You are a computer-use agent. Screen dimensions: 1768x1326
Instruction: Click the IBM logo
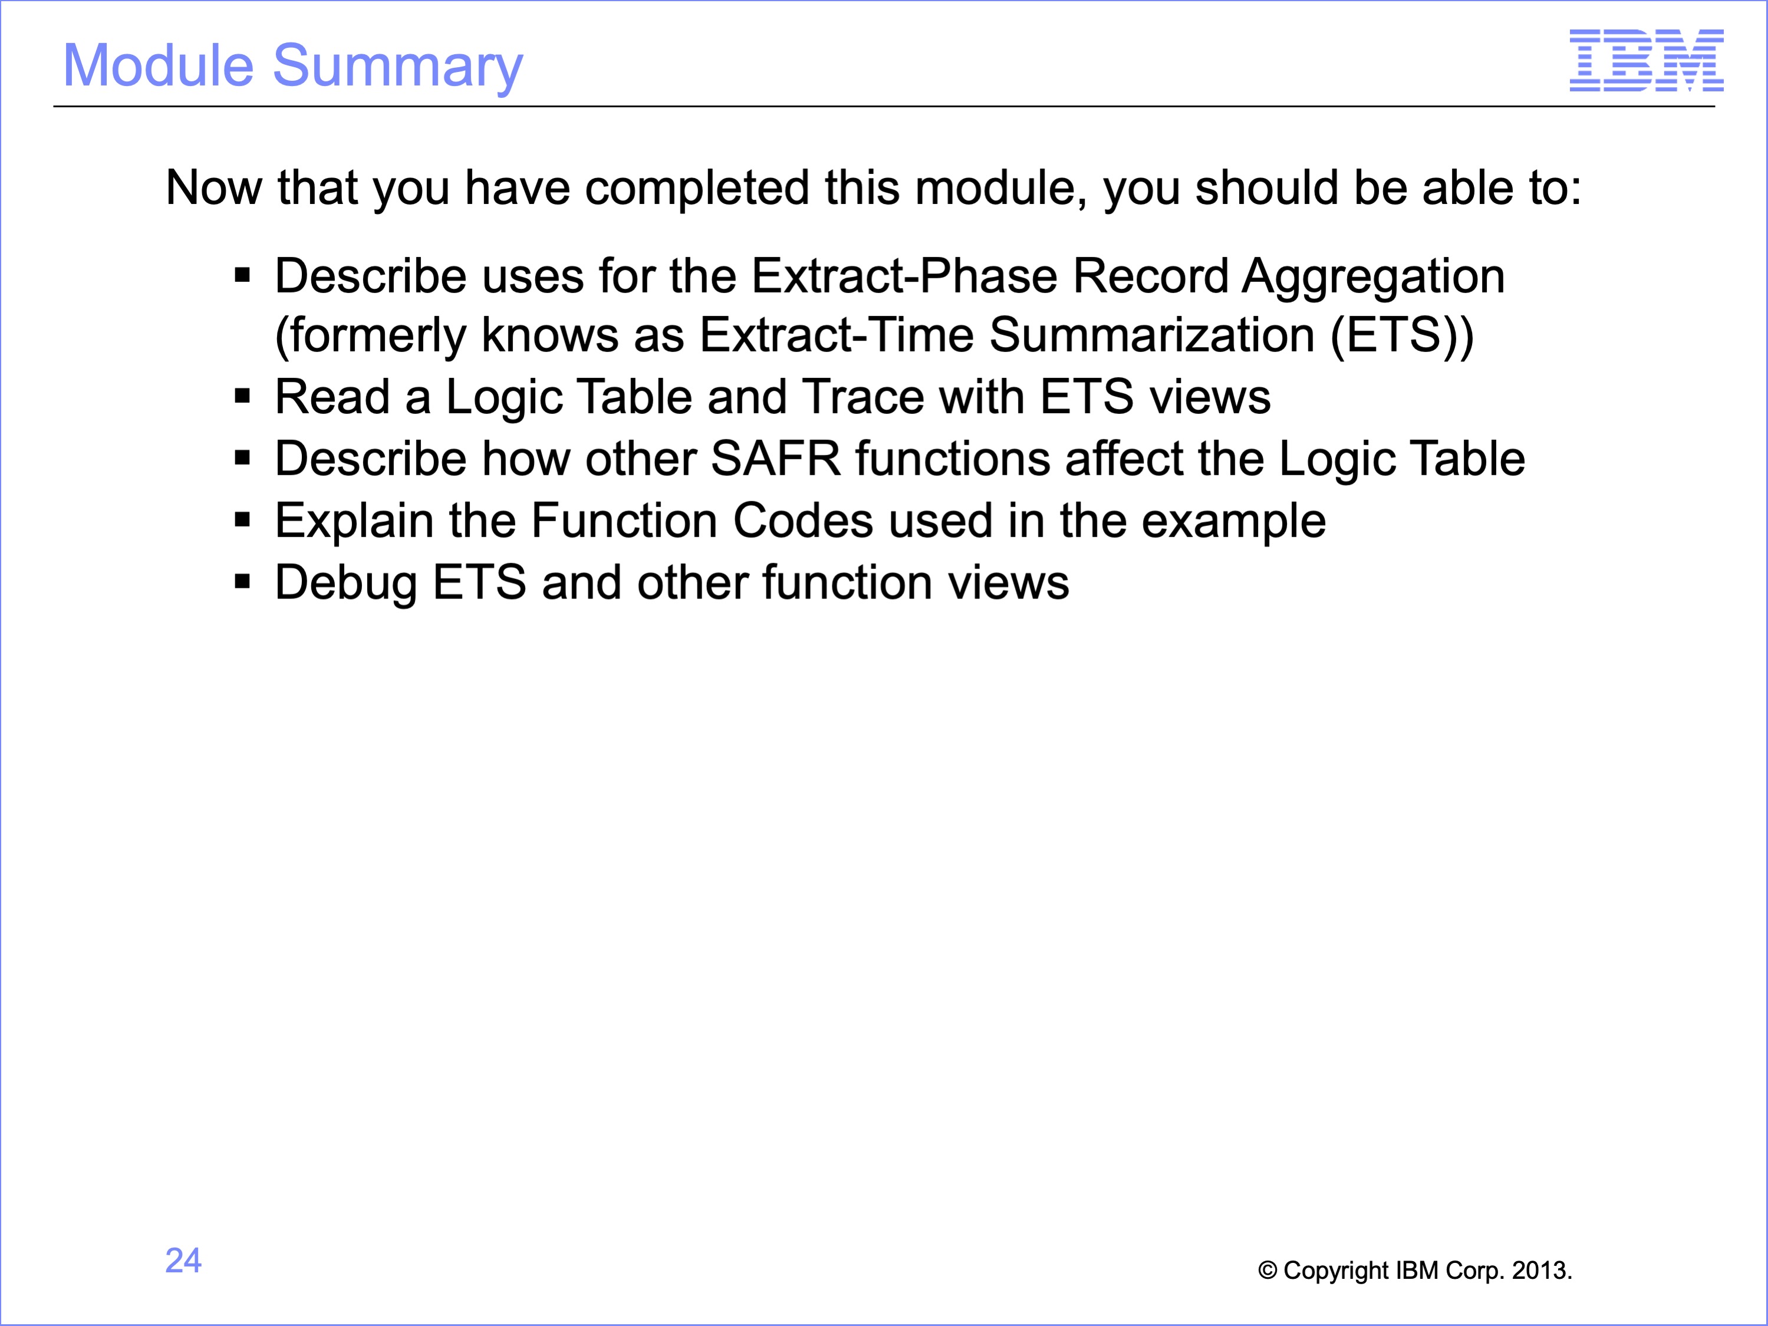click(x=1647, y=60)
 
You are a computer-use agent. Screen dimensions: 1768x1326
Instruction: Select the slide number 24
click(x=183, y=1261)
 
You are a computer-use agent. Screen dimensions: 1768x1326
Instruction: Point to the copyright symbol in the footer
click(x=1267, y=1270)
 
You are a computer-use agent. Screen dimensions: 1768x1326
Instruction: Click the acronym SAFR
click(x=775, y=459)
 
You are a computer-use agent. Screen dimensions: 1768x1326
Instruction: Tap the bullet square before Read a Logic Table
click(x=243, y=396)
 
